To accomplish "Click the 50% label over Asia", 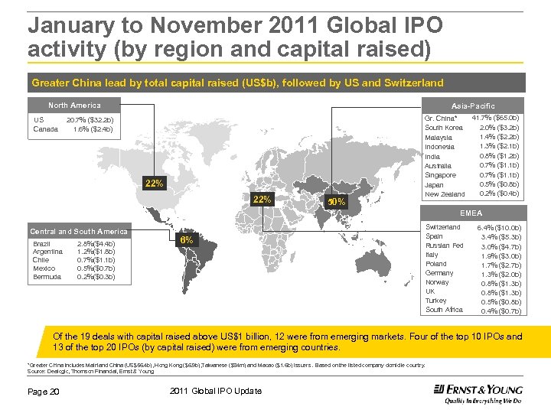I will click(337, 202).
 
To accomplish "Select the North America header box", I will click(74, 105).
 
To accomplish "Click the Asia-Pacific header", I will click(473, 106).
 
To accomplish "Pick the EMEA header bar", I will click(471, 213).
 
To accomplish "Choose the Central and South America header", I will click(79, 231).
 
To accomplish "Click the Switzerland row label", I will click(443, 227).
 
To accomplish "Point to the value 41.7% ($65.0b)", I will click(495, 118).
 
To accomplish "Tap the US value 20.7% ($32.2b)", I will click(90, 120).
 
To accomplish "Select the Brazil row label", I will click(42, 244).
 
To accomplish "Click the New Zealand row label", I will click(444, 194).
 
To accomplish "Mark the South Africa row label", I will click(444, 310).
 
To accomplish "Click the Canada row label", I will click(45, 129).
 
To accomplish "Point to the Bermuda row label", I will click(47, 277).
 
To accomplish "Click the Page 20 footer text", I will click(44, 392).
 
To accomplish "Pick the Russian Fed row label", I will click(444, 246).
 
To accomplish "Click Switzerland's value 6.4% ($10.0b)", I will click(499, 227).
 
